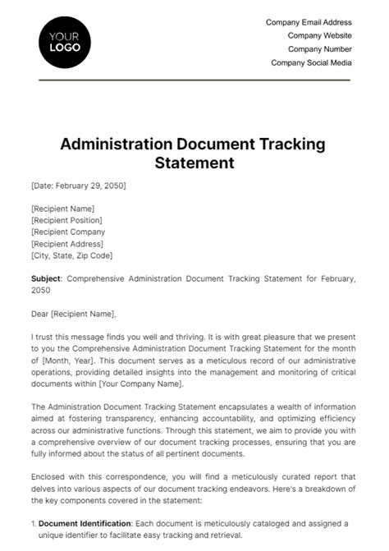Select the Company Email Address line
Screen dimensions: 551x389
coord(309,22)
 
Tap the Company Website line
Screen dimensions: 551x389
coord(319,35)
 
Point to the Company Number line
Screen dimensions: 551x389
coord(319,48)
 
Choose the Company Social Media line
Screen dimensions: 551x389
coord(311,62)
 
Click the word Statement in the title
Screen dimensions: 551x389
coord(194,163)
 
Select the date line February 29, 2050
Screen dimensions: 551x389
coord(79,186)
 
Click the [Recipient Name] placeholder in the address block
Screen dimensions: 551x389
coord(62,209)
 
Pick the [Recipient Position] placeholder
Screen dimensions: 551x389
coord(66,220)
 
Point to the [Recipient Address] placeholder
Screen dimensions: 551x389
coord(66,244)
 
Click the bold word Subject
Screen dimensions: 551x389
coord(45,278)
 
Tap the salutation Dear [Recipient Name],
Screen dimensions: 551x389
coord(74,313)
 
